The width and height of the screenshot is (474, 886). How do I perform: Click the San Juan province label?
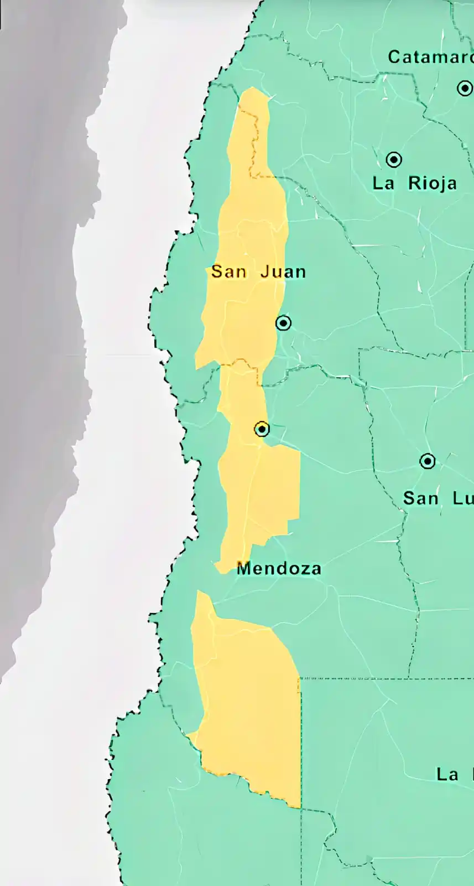point(258,272)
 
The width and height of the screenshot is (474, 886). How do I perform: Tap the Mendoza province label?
point(279,568)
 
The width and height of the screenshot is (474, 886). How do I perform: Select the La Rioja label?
point(414,183)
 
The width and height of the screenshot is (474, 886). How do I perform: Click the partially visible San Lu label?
point(437,498)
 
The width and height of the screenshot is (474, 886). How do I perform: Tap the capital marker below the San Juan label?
point(283,323)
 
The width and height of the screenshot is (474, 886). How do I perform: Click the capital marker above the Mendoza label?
point(262,429)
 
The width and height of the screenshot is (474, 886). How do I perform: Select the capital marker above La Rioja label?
point(394,159)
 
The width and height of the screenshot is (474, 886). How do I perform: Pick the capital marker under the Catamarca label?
point(465,88)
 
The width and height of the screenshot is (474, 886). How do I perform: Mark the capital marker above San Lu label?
point(428,461)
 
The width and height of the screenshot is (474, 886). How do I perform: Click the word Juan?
point(283,272)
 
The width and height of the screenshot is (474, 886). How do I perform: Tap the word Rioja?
point(433,183)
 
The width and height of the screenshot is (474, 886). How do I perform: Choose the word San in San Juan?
point(228,272)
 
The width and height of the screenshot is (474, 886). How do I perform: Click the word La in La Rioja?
point(383,183)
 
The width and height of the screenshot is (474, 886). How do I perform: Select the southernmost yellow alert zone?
point(249,709)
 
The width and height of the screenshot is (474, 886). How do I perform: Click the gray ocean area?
point(39,277)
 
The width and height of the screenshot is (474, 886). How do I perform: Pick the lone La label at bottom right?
point(447,774)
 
